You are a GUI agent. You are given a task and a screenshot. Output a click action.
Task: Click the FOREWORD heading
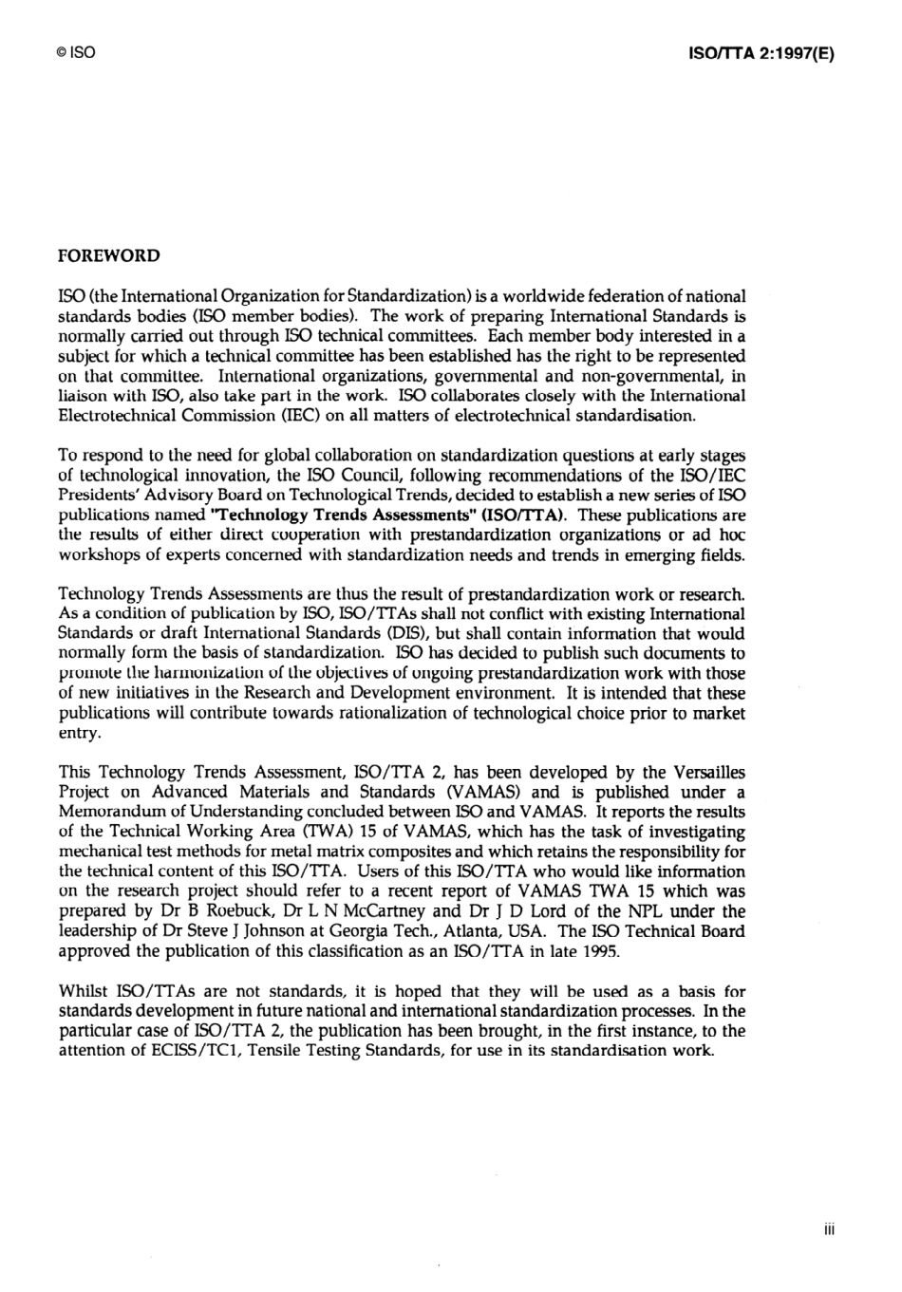[x=109, y=256]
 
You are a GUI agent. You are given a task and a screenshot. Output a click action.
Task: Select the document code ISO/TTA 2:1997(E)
[x=761, y=54]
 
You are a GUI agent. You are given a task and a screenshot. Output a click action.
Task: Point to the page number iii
[x=829, y=1230]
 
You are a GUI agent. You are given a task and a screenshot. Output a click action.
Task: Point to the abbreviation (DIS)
[x=406, y=633]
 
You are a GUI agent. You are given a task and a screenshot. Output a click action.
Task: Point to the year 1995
[x=600, y=951]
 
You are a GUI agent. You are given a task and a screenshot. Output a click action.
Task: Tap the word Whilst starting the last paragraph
[x=82, y=992]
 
